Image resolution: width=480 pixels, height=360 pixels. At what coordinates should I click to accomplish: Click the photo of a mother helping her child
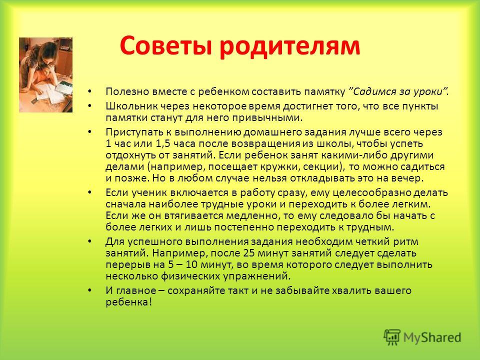pos(45,75)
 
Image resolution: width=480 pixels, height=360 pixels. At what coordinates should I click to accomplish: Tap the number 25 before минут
pos(248,253)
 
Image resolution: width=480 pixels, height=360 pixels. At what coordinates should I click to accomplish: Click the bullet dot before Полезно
pos(89,91)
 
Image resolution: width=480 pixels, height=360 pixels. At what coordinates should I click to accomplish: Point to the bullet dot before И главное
pos(89,290)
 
